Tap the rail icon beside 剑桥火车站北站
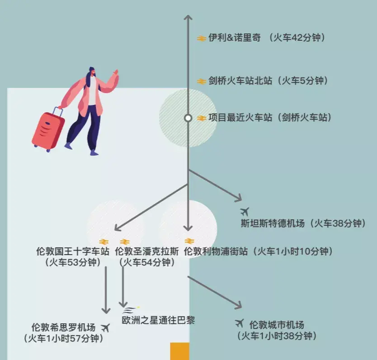(202, 81)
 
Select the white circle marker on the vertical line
(188, 118)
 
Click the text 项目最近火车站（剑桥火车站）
(270, 118)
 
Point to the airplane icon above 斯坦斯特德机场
(245, 211)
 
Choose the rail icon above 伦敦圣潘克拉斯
(125, 242)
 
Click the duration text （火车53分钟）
(72, 262)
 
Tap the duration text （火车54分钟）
(146, 262)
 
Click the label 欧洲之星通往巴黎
(158, 320)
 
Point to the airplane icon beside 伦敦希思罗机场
(105, 327)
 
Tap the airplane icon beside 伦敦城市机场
(240, 323)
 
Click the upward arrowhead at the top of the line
(188, 18)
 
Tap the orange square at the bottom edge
(179, 351)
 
